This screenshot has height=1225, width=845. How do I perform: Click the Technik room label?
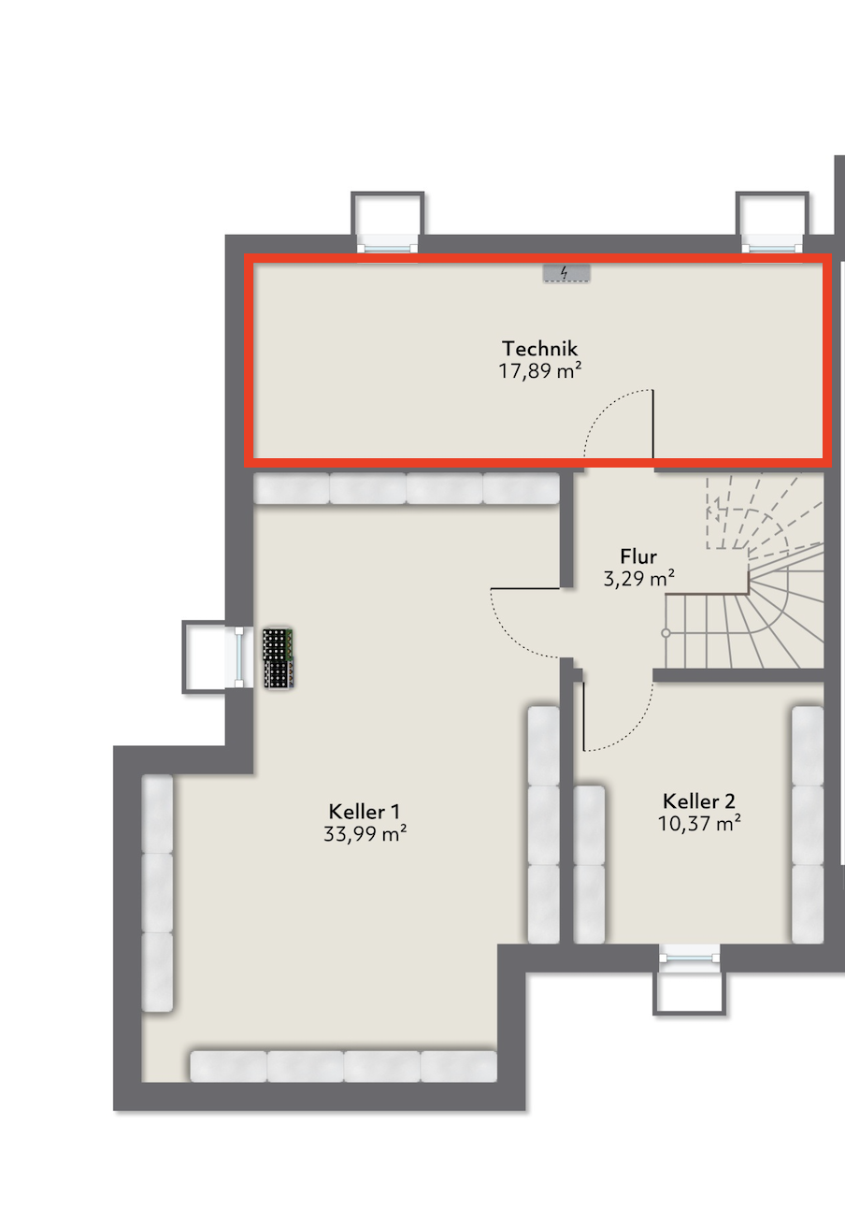point(539,349)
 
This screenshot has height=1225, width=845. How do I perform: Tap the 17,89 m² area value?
point(539,371)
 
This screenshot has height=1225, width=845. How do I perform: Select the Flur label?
point(638,556)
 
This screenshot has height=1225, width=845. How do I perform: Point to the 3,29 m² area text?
point(638,578)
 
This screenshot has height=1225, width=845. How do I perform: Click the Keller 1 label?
point(365,811)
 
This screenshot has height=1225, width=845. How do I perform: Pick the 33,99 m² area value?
point(365,833)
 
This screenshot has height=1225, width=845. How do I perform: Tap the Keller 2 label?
point(699,801)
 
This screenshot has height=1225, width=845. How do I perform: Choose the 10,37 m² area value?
point(699,823)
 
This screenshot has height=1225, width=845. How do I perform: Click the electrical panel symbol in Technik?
point(566,273)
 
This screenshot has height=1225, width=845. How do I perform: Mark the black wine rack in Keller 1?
point(279,658)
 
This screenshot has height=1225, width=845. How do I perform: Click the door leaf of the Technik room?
point(652,424)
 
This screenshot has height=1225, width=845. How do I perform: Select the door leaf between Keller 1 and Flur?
point(525,588)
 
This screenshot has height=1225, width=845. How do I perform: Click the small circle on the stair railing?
point(666,633)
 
